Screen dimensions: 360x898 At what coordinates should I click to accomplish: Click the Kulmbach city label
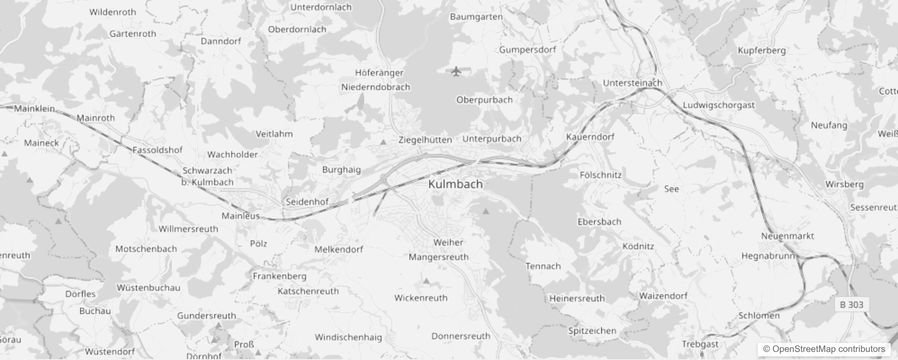click(x=455, y=184)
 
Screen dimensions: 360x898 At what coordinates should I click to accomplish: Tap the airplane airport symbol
click(x=456, y=71)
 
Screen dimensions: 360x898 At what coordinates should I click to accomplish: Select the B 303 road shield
click(x=852, y=305)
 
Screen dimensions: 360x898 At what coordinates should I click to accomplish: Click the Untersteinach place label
click(x=632, y=83)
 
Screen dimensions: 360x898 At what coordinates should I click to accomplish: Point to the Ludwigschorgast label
click(x=718, y=105)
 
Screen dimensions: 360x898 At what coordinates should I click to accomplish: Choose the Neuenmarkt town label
click(x=787, y=236)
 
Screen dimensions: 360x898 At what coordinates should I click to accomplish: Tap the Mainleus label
click(x=241, y=216)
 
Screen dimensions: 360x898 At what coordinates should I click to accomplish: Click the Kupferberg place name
click(x=761, y=50)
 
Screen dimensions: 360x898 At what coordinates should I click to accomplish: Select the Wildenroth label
click(x=112, y=12)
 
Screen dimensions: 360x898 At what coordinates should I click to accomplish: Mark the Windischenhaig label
click(x=348, y=337)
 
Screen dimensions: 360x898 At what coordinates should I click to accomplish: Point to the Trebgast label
click(x=700, y=344)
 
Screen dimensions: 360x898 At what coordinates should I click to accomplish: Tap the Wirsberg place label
click(x=844, y=184)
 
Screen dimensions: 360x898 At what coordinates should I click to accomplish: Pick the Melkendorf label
click(x=338, y=249)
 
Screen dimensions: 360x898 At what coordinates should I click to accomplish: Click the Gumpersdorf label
click(x=527, y=49)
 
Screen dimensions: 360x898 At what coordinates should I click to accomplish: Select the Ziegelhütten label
click(x=425, y=140)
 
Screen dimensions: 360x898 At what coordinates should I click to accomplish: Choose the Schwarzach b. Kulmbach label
click(x=207, y=176)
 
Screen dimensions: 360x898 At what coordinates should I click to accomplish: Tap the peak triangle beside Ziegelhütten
click(x=383, y=142)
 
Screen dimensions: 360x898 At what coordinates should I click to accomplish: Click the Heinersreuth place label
click(x=577, y=298)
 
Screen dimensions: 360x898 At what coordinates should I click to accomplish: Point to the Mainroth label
click(x=95, y=118)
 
